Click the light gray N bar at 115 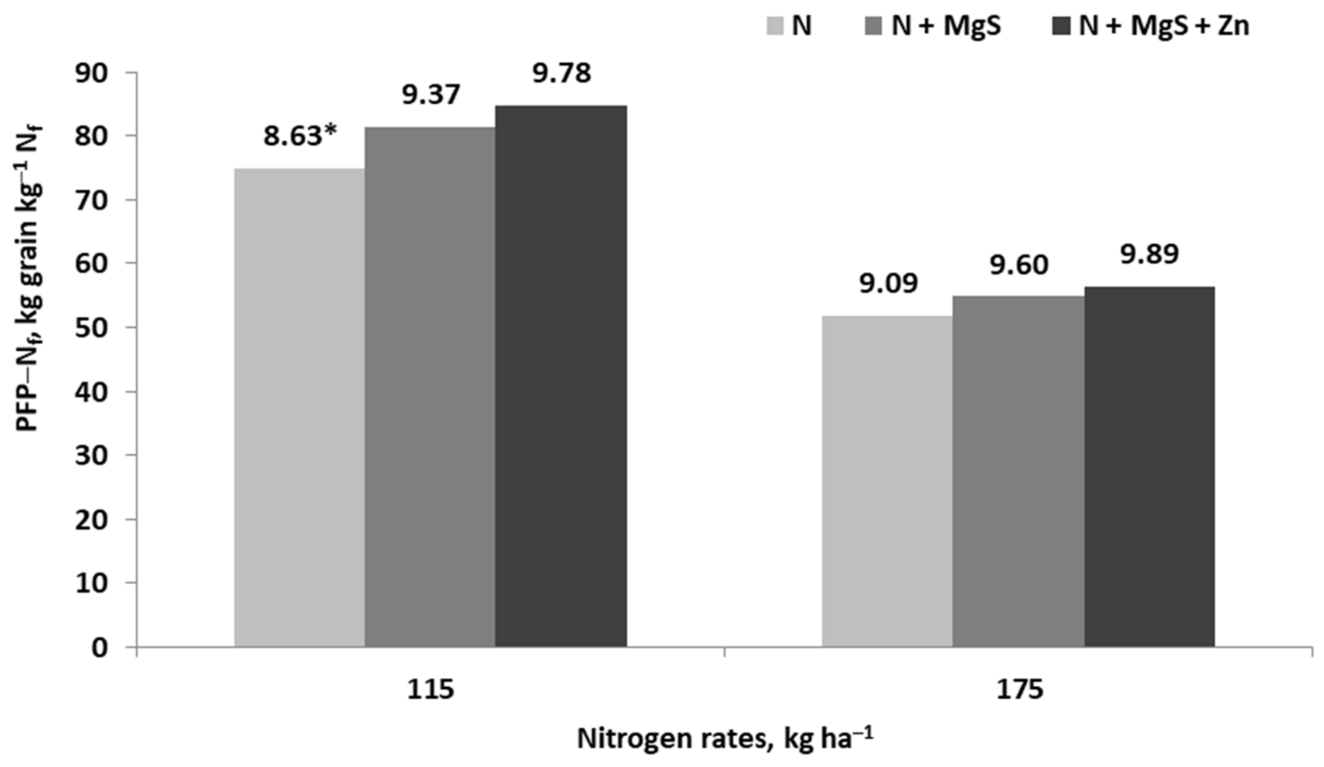299,408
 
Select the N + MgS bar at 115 430,387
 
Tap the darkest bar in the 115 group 561,376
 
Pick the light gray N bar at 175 887,481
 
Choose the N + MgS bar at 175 1018,471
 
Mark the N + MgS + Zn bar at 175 1149,466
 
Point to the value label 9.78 562,74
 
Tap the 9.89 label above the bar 1149,254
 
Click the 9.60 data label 1019,266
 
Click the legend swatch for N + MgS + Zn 1061,26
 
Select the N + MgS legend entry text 946,26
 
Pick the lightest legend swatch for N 775,26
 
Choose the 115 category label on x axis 430,690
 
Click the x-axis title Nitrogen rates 725,740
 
